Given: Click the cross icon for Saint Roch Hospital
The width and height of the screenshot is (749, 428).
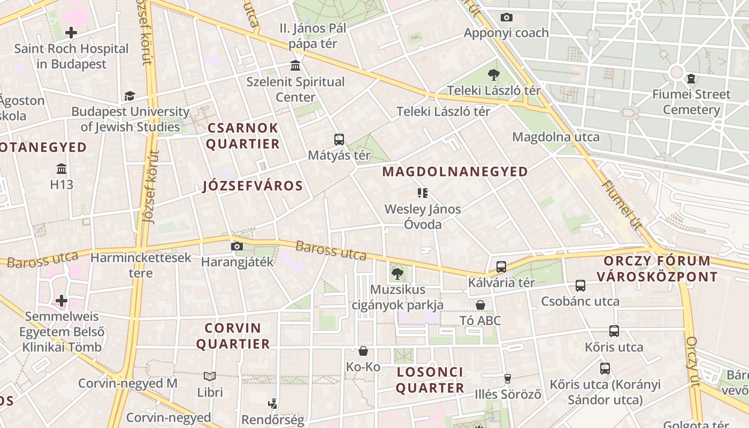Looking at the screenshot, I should point(71,33).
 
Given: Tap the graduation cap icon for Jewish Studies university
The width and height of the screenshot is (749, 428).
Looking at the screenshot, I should point(129,96).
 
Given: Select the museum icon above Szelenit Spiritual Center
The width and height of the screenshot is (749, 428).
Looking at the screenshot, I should point(295,66).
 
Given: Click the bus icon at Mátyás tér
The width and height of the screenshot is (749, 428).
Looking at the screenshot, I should point(339,140).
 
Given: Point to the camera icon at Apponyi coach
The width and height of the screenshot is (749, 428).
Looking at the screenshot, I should point(506,18).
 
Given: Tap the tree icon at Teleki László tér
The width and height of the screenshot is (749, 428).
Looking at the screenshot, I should point(493,75).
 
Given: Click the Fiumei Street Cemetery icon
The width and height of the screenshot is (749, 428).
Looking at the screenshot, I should point(691,79).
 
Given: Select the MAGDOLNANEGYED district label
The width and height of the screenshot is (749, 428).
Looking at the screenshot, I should point(455,172).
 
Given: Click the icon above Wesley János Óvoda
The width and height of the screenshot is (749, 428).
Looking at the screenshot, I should point(423,193).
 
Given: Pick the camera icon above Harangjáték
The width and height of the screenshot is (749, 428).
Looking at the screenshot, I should point(236,247).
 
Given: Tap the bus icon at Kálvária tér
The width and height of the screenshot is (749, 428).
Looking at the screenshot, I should point(501,266).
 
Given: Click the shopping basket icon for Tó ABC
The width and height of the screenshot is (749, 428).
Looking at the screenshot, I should point(480,305).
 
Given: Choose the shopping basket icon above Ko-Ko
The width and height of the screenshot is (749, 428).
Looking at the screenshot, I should point(363,351).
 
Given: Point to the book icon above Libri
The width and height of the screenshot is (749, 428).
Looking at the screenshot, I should point(210,377).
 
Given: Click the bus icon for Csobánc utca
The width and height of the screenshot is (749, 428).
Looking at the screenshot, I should point(580,286).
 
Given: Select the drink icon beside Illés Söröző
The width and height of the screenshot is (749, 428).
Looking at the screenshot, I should point(508,379).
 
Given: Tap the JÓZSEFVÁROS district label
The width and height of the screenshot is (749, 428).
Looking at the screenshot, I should point(253,186).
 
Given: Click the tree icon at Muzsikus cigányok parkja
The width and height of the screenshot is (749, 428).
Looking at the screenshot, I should point(397,274).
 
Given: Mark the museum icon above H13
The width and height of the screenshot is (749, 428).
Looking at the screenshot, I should point(62,169).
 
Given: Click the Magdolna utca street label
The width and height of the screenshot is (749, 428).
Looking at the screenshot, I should point(556,137).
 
